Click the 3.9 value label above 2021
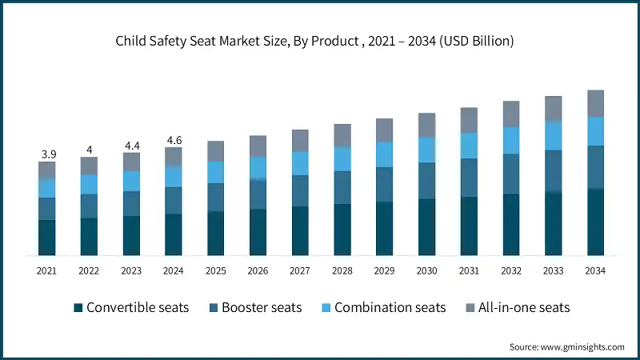pos(47,154)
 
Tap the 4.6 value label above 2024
pos(174,140)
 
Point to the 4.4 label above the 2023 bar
pos(131,146)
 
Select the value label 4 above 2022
pos(89,150)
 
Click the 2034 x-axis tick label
pos(595,271)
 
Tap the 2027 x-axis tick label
pos(300,271)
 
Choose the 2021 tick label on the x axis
pos(47,271)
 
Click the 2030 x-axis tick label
pos(426,271)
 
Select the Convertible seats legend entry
pos(131,307)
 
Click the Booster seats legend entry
pos(255,307)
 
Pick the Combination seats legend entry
pos(382,307)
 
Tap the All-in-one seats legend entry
pos(518,307)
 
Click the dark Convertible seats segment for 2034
pos(595,222)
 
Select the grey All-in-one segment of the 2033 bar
pos(553,109)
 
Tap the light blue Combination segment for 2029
pos(384,154)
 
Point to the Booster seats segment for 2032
pos(510,174)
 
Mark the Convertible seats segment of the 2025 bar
pos(216,234)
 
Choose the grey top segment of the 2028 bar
pos(342,135)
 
